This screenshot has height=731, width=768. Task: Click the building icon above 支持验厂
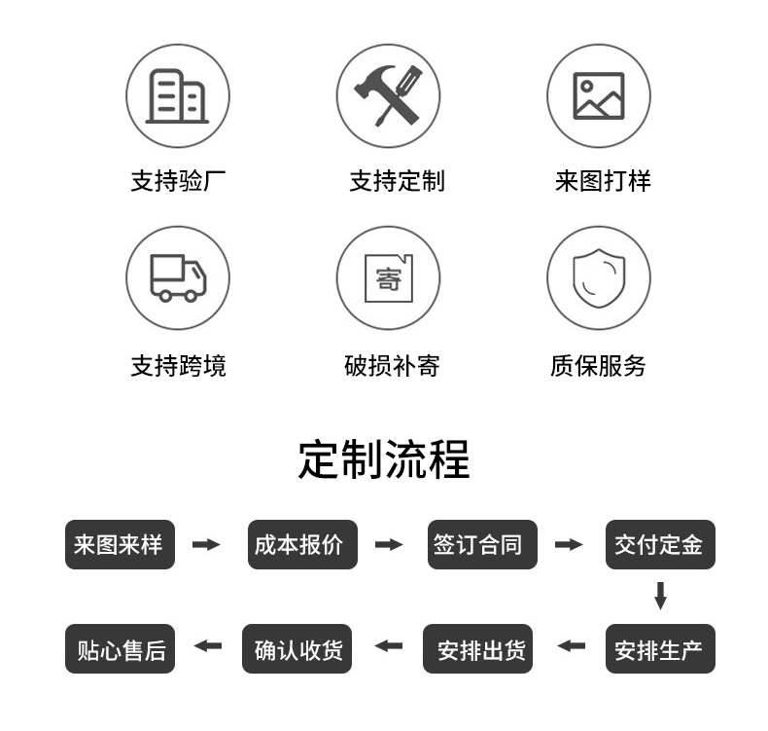pyautogui.click(x=177, y=95)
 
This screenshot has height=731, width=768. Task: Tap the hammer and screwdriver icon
pyautogui.click(x=388, y=95)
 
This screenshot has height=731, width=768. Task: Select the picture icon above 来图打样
pyautogui.click(x=598, y=95)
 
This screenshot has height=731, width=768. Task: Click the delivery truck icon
pyautogui.click(x=177, y=277)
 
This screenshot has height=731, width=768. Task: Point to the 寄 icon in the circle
pyautogui.click(x=388, y=277)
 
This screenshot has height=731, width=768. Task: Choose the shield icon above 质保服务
pyautogui.click(x=598, y=277)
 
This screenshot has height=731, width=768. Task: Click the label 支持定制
pyautogui.click(x=397, y=181)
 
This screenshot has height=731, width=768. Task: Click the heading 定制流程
pyautogui.click(x=384, y=459)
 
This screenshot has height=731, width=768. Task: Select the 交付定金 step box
pyautogui.click(x=660, y=544)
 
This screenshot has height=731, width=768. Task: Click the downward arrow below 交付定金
pyautogui.click(x=660, y=596)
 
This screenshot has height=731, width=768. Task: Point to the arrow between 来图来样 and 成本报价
pyautogui.click(x=206, y=544)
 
